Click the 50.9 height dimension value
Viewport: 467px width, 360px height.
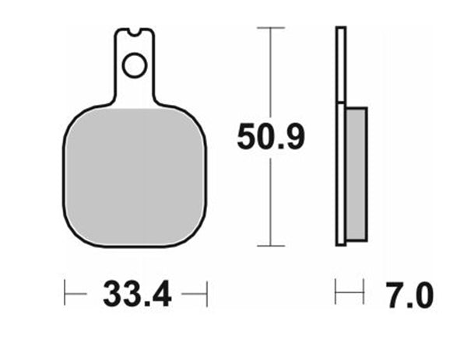click(271, 138)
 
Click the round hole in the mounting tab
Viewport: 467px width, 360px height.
click(134, 66)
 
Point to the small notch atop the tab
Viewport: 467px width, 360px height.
click(135, 33)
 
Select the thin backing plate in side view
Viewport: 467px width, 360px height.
click(340, 136)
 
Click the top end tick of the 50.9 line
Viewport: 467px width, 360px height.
click(269, 29)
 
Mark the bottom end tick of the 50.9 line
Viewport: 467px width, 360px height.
click(269, 246)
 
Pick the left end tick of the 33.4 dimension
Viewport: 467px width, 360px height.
click(65, 295)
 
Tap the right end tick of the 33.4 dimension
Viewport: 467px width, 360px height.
click(206, 295)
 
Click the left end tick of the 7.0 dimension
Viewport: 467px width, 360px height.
click(335, 294)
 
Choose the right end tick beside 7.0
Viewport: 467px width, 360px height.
click(364, 294)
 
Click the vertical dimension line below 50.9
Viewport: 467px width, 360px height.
click(269, 202)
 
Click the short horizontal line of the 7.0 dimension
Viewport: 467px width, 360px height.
click(349, 294)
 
